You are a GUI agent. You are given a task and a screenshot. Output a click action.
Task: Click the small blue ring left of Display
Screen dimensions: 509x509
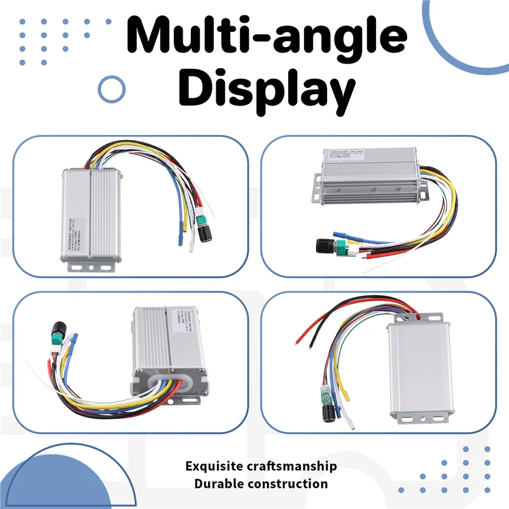(112, 88)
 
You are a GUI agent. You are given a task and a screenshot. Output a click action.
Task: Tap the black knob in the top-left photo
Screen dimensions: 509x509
(205, 234)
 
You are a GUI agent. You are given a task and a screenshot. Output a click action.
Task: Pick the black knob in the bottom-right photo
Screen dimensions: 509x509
(330, 414)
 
